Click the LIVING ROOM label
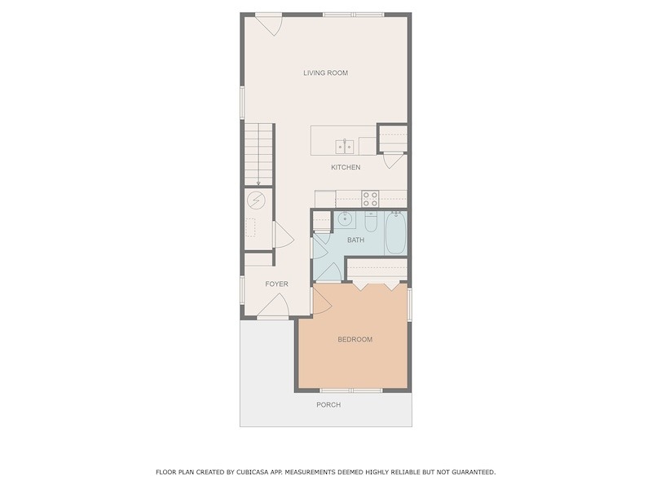(325, 73)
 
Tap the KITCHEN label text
(346, 168)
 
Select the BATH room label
(355, 240)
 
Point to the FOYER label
(276, 284)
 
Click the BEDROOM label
(355, 339)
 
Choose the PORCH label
(328, 404)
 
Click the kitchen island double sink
(345, 147)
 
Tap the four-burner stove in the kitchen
(370, 199)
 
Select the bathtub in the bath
(395, 232)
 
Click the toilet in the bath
(371, 221)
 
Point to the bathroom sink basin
(345, 219)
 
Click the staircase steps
(258, 154)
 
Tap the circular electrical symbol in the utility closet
(256, 200)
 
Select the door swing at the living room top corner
(270, 25)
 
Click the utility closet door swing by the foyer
(284, 235)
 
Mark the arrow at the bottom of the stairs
(258, 182)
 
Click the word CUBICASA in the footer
(253, 472)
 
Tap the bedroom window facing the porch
(351, 390)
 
